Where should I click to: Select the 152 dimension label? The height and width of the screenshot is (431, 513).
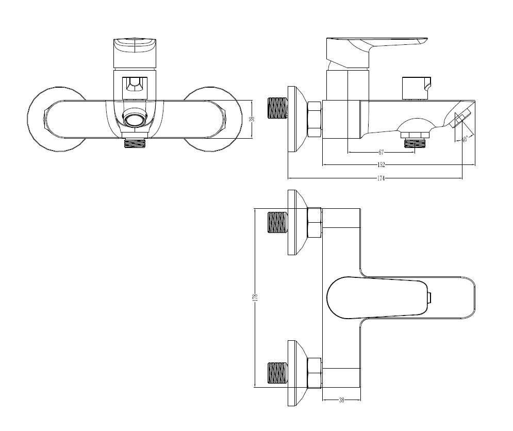pyautogui.click(x=381, y=165)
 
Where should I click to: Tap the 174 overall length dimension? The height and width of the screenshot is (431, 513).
pyautogui.click(x=382, y=178)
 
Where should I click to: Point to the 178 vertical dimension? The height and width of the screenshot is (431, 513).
pyautogui.click(x=255, y=297)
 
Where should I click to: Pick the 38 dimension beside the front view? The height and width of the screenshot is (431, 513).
pyautogui.click(x=252, y=119)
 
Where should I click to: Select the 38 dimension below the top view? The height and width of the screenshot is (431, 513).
pyautogui.click(x=341, y=401)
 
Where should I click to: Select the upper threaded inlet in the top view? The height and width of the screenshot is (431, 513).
pyautogui.click(x=276, y=223)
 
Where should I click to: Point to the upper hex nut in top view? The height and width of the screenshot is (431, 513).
pyautogui.click(x=315, y=223)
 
